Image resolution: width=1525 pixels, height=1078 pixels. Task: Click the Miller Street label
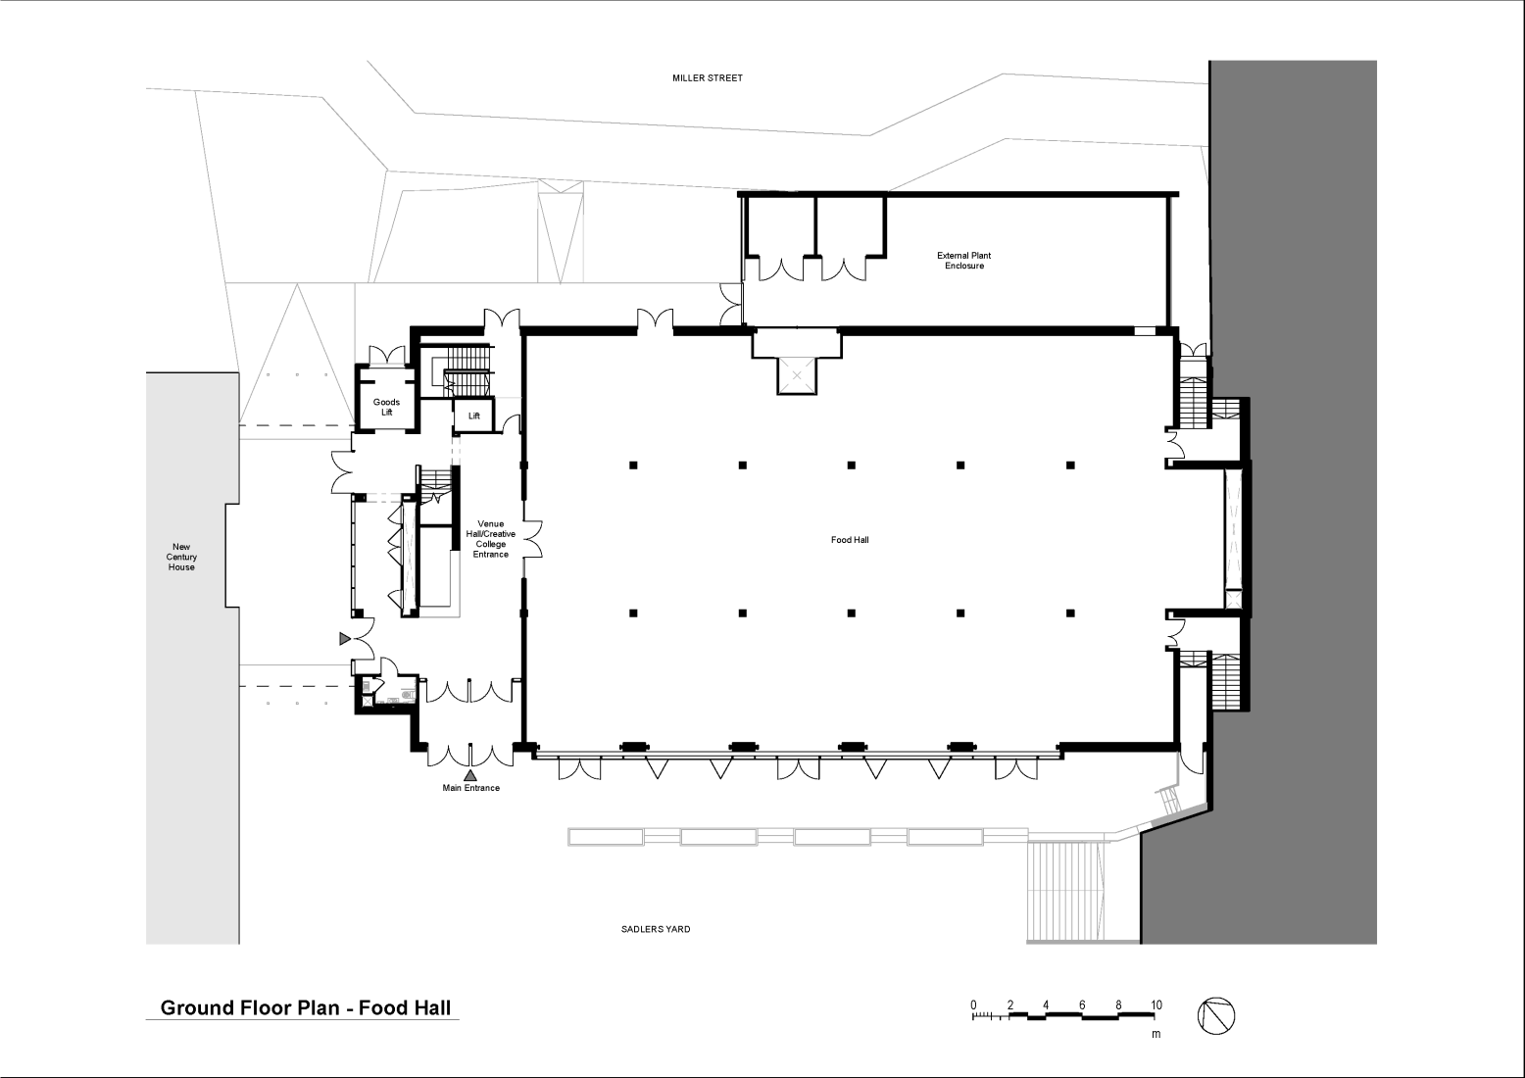click(x=707, y=77)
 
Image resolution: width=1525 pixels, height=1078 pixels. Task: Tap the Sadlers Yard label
click(x=655, y=929)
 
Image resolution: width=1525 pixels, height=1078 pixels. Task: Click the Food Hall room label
click(x=850, y=540)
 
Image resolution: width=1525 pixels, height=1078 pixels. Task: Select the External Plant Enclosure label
click(x=963, y=261)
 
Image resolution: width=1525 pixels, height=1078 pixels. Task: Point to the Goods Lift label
click(x=386, y=407)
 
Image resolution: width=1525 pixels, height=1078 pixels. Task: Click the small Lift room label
click(x=474, y=416)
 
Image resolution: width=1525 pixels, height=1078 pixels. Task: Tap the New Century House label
click(x=181, y=557)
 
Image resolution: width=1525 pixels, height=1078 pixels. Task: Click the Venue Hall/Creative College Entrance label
click(x=491, y=539)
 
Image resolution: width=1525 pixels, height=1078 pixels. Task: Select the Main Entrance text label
click(x=470, y=788)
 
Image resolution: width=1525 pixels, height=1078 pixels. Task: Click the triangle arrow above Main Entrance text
click(x=470, y=775)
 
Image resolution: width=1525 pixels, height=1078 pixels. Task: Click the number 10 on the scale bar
click(x=1156, y=1005)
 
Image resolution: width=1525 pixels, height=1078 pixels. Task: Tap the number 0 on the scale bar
click(x=973, y=1005)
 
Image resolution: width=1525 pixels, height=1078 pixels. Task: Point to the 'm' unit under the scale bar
click(x=1156, y=1034)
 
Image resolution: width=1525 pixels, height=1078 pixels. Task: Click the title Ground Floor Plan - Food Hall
click(x=305, y=1007)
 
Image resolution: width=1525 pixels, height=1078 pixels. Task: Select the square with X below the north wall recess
click(x=797, y=375)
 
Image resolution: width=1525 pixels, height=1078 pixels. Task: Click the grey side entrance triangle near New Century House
click(x=344, y=639)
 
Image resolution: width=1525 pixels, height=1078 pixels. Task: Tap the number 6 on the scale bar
click(x=1082, y=1005)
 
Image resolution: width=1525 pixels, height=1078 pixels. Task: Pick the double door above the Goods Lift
click(x=386, y=355)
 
